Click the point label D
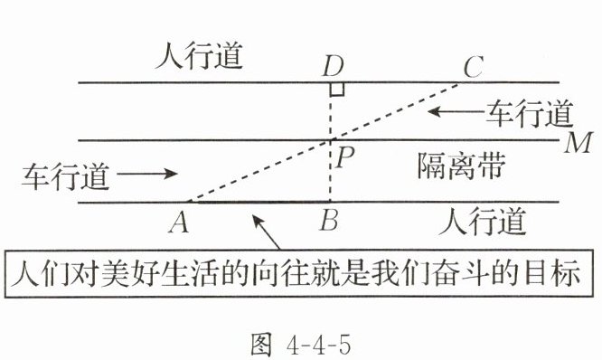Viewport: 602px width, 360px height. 334,66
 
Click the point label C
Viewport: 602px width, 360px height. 473,66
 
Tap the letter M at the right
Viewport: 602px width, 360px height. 578,143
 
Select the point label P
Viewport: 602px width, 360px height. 344,157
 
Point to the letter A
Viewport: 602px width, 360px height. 179,223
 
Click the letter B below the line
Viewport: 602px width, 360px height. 329,220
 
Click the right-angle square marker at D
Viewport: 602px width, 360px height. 337,89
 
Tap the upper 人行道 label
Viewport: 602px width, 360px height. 199,56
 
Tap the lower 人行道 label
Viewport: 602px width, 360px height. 482,222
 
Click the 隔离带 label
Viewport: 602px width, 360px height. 461,166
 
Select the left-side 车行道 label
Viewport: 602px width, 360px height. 66,176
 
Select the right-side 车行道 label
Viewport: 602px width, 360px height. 530,114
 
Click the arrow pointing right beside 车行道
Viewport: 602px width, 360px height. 147,174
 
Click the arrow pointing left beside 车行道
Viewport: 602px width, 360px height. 456,111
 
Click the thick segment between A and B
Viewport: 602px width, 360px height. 259,202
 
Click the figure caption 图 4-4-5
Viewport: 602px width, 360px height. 300,345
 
